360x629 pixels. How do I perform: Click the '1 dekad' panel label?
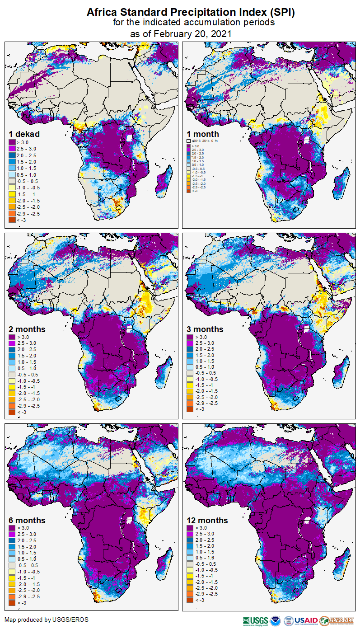coord(24,134)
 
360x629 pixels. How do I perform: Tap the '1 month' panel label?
coord(203,134)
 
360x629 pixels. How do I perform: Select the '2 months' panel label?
coord(27,329)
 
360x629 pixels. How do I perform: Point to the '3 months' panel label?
coord(205,329)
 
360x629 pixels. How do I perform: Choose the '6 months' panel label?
coord(27,520)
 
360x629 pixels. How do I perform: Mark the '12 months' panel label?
coord(207,520)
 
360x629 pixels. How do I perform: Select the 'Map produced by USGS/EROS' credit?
coord(47,619)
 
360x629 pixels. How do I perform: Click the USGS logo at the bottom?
coord(256,620)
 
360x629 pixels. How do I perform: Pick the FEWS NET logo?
coord(336,620)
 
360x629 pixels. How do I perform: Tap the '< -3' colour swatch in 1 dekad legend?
coord(12,220)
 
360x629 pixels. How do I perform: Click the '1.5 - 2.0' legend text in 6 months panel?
coord(29,546)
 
